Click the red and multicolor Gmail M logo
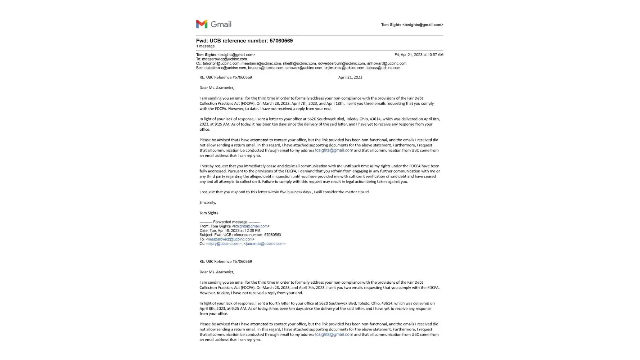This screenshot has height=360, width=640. coord(202,24)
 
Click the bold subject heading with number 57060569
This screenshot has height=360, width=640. coord(244,41)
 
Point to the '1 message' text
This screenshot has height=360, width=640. coord(205,46)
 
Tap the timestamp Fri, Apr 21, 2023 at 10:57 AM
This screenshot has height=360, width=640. coord(419,55)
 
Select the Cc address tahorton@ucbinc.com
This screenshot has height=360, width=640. coord(221,63)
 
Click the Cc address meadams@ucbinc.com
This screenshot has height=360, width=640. coord(261,63)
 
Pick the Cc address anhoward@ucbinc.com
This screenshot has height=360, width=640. coord(387,63)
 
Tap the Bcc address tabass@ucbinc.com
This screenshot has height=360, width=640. coord(383,68)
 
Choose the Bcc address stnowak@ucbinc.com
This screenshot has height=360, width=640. coord(304,68)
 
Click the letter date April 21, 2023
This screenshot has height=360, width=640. coord(350,77)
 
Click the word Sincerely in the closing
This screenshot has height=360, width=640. coord(207,203)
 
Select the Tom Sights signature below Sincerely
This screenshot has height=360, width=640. coord(209,213)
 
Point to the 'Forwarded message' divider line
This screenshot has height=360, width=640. coord(230,222)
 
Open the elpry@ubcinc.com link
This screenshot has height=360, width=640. coord(224,244)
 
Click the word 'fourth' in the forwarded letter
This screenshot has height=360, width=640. coord(274,303)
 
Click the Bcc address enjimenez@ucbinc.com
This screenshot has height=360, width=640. coord(344,68)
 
